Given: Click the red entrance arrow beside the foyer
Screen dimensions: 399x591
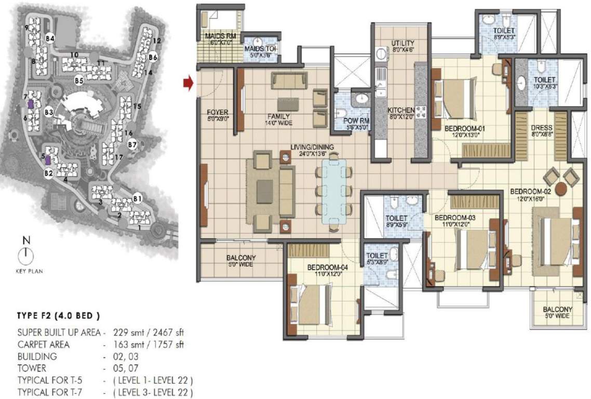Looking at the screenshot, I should coord(188,83).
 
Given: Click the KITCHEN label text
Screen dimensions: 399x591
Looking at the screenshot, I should coord(400,111).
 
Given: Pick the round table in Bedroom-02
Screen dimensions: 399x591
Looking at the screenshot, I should coord(561,189).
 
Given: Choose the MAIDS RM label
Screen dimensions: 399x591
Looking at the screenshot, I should coord(217,36).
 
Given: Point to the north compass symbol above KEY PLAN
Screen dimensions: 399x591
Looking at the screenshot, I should coord(25,254).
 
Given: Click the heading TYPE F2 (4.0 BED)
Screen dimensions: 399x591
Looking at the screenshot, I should coord(58,316).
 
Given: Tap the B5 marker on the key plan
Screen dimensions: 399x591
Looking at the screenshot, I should coord(79,81).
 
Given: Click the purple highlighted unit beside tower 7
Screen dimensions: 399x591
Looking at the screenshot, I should coord(31,104).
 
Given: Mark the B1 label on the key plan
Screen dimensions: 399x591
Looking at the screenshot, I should coord(138,198).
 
